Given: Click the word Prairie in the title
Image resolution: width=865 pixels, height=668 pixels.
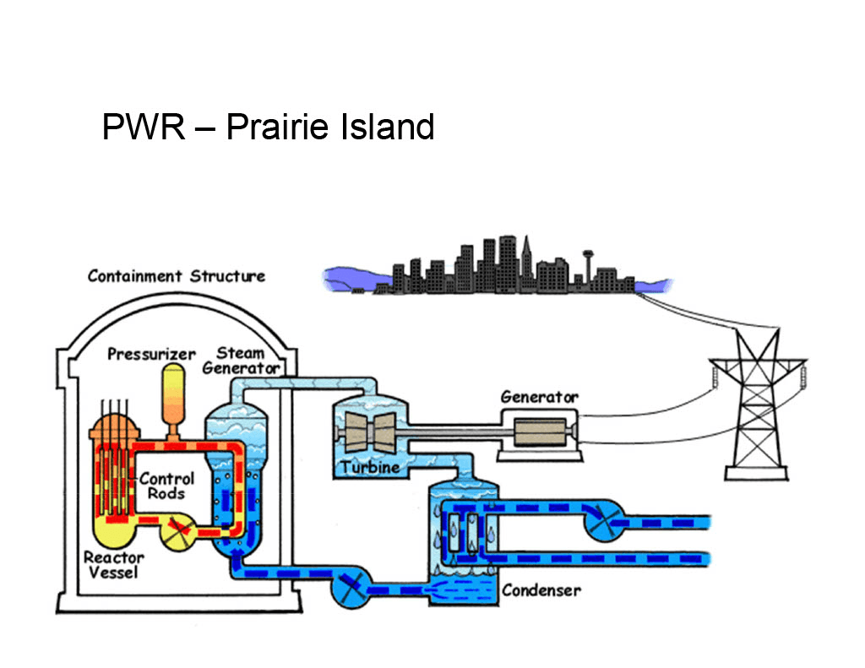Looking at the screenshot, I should click(275, 128).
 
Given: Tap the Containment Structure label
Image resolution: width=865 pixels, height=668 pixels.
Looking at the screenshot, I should click(176, 276).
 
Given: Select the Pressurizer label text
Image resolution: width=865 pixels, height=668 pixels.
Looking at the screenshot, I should click(151, 354).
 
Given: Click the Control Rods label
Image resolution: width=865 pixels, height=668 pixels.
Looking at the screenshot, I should click(166, 486).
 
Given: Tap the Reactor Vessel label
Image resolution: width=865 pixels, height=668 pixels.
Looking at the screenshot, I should click(114, 565).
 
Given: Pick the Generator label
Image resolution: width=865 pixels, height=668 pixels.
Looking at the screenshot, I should click(539, 396).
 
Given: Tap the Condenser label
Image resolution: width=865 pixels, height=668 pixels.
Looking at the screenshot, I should click(541, 589).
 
